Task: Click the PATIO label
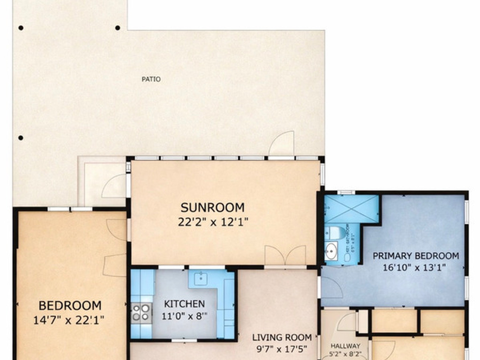[151, 79]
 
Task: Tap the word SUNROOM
[212, 207]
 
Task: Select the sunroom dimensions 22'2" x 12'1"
[212, 222]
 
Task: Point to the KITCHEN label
[184, 304]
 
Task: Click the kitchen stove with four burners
[141, 312]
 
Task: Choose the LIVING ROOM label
[282, 337]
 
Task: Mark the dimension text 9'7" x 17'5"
[282, 349]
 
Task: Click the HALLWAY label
[345, 346]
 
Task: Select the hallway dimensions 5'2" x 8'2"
[345, 354]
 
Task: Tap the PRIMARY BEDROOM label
[416, 256]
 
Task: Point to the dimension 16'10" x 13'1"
[416, 268]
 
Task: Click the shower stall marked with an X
[351, 209]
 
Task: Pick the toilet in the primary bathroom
[335, 232]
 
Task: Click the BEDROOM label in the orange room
[70, 306]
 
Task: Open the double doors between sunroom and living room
[285, 256]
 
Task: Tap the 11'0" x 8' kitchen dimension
[184, 316]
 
